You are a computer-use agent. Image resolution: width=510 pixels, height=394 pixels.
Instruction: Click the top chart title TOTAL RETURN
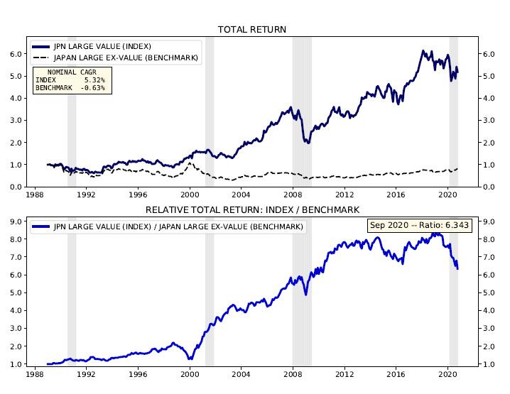pos(252,29)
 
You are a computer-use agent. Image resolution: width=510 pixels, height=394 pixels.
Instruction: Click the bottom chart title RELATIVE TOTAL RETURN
pos(252,209)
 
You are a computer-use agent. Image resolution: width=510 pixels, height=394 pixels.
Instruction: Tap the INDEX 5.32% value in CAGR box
pos(70,80)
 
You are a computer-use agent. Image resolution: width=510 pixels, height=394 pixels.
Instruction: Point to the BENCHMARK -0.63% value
pos(70,88)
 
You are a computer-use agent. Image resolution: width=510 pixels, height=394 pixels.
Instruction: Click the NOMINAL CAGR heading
pos(71,72)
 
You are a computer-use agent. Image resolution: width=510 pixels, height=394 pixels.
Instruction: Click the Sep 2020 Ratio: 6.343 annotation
pos(424,226)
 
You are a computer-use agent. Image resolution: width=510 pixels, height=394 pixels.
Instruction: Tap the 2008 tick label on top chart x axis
pos(293,194)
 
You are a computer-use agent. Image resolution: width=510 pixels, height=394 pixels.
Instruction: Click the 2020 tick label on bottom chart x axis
pos(448,374)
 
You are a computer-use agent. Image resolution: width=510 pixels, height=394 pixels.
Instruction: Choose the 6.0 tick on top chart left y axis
pos(16,54)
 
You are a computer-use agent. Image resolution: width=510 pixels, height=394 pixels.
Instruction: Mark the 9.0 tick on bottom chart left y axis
pos(16,221)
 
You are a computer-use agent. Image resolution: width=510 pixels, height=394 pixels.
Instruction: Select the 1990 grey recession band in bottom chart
pos(72,298)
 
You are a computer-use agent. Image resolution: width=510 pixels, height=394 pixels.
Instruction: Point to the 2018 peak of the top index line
pos(423,51)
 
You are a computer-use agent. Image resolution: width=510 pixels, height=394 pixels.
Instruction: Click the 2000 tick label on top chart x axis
pos(190,194)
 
